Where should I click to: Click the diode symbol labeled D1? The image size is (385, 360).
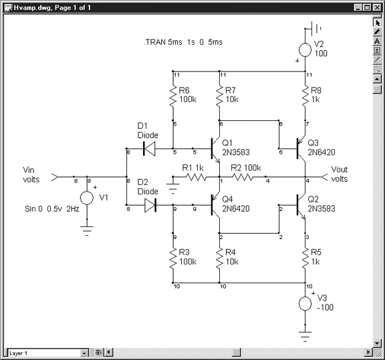[149, 149]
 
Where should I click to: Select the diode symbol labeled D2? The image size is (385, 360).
[150, 205]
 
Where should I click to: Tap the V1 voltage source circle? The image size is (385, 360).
[87, 198]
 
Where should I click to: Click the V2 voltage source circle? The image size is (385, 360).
[305, 50]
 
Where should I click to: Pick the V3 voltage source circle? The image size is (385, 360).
[305, 303]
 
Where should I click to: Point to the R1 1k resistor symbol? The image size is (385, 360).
[197, 177]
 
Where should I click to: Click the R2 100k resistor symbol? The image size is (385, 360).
[243, 177]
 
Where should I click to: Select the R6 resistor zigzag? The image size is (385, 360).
[173, 96]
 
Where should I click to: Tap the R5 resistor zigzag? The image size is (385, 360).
[305, 258]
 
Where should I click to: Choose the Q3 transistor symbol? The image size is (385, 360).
[300, 148]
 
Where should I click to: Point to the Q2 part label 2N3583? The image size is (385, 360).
[322, 208]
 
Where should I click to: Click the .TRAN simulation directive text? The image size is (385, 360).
[183, 42]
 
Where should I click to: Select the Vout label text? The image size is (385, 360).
[340, 174]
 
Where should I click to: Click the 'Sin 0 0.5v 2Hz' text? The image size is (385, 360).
[52, 209]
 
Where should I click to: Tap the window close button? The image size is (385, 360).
[377, 7]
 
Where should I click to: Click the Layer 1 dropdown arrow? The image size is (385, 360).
[84, 353]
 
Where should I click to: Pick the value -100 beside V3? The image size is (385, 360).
[326, 307]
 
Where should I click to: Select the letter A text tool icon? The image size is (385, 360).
[377, 41]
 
